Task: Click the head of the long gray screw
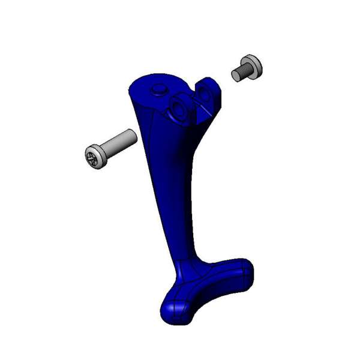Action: [x=96, y=157]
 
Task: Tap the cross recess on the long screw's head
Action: [x=92, y=159]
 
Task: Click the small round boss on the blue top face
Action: [x=159, y=89]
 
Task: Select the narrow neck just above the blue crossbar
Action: [x=186, y=252]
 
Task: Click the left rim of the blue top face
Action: [x=130, y=90]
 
